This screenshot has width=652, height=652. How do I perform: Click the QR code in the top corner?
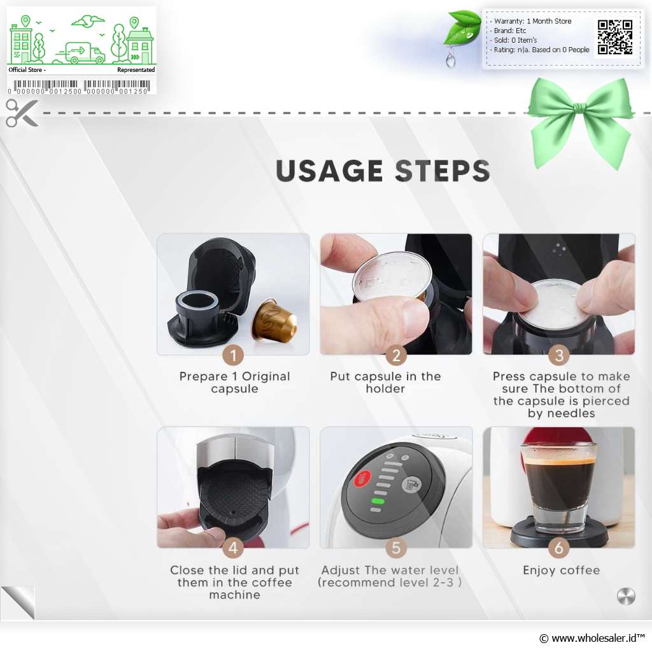tap(615, 37)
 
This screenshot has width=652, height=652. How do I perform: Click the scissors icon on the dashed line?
tap(22, 113)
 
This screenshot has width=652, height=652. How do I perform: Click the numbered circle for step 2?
tap(396, 355)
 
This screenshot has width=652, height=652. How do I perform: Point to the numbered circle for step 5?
tap(396, 548)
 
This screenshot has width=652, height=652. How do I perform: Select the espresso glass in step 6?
tap(558, 488)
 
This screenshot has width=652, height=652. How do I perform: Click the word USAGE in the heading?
tap(329, 171)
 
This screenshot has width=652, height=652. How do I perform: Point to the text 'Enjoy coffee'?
tap(561, 570)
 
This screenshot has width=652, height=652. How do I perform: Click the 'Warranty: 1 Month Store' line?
tap(530, 21)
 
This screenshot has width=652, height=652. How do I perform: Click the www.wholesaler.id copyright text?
tap(592, 638)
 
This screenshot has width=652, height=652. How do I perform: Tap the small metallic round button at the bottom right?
tap(626, 597)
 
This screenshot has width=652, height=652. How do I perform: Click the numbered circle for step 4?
tap(233, 548)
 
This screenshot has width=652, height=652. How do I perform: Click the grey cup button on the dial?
tap(411, 485)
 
